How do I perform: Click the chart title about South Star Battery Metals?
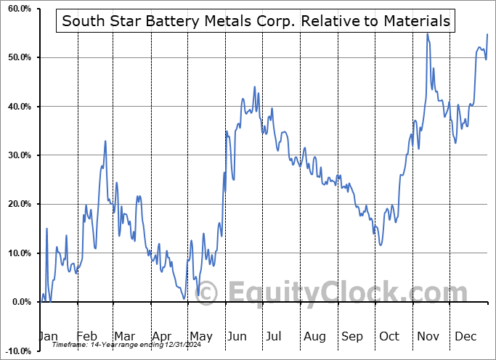pos(256,21)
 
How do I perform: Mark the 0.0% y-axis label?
pos(18,302)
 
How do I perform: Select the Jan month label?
pos(47,336)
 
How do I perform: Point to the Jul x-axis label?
pos(275,336)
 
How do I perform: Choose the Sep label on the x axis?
pos(352,336)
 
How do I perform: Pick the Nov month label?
pos(428,336)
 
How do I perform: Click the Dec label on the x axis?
pos(466,336)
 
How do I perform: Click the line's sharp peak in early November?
pos(427,33)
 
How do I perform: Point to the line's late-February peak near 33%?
pos(105,141)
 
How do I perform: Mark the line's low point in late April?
pos(184,297)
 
